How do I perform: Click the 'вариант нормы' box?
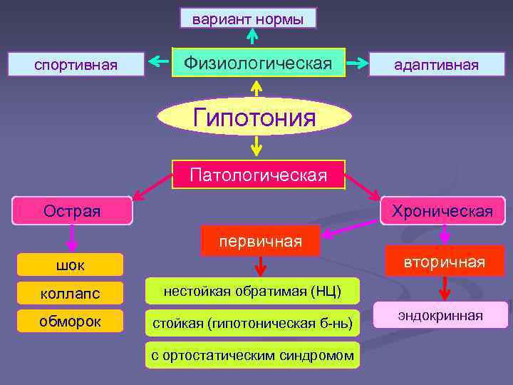(x=248, y=19)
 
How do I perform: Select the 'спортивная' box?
(x=76, y=65)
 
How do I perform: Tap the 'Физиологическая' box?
(x=258, y=63)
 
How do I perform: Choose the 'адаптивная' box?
(x=437, y=65)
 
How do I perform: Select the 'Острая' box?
(x=72, y=211)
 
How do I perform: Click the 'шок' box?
(x=70, y=265)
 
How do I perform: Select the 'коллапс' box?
(x=70, y=293)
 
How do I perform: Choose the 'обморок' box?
(x=70, y=322)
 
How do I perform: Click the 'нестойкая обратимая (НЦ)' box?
(x=252, y=291)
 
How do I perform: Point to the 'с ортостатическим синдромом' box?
(x=252, y=355)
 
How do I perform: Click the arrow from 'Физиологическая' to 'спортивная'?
(x=157, y=64)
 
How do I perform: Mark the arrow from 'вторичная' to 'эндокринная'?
(x=445, y=289)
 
